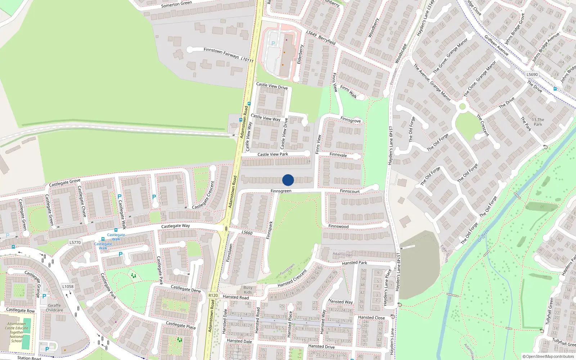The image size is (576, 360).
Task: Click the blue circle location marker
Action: [x=288, y=180]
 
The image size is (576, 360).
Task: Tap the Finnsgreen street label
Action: [x=281, y=191]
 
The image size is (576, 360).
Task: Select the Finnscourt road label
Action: [x=350, y=191]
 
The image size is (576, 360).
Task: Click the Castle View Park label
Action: [x=273, y=154]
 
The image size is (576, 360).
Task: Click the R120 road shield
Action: [x=213, y=295]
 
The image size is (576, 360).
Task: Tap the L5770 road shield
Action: [x=75, y=242]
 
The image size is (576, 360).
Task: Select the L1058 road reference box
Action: [x=68, y=287]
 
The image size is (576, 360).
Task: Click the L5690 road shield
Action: [x=532, y=75]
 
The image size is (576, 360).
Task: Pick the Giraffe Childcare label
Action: [x=54, y=308]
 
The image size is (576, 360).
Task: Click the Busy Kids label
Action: [x=248, y=290]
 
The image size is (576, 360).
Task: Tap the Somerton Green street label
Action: [x=176, y=4]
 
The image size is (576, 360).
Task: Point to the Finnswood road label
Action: [x=338, y=226]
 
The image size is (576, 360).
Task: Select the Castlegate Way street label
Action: [x=175, y=226]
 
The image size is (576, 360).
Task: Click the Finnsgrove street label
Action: [x=350, y=120]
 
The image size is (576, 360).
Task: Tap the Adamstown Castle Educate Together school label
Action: [x=16, y=332]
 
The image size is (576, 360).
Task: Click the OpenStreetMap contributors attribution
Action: [x=548, y=357]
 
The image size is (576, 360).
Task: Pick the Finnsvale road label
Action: [x=338, y=155]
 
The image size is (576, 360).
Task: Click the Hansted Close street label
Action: [x=371, y=318]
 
